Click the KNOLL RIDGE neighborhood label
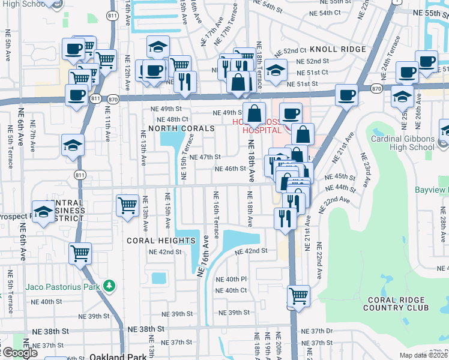pos(343,49)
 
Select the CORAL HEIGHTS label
pos(161,241)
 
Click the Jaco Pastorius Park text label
pos(62,286)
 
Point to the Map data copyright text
pos(423,355)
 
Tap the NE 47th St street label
pos(205,157)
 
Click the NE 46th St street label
pos(231,169)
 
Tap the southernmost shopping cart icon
pos(299,295)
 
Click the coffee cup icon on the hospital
pos(291,113)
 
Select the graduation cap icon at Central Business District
pos(44,211)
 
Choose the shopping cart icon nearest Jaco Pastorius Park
pos(80,253)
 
